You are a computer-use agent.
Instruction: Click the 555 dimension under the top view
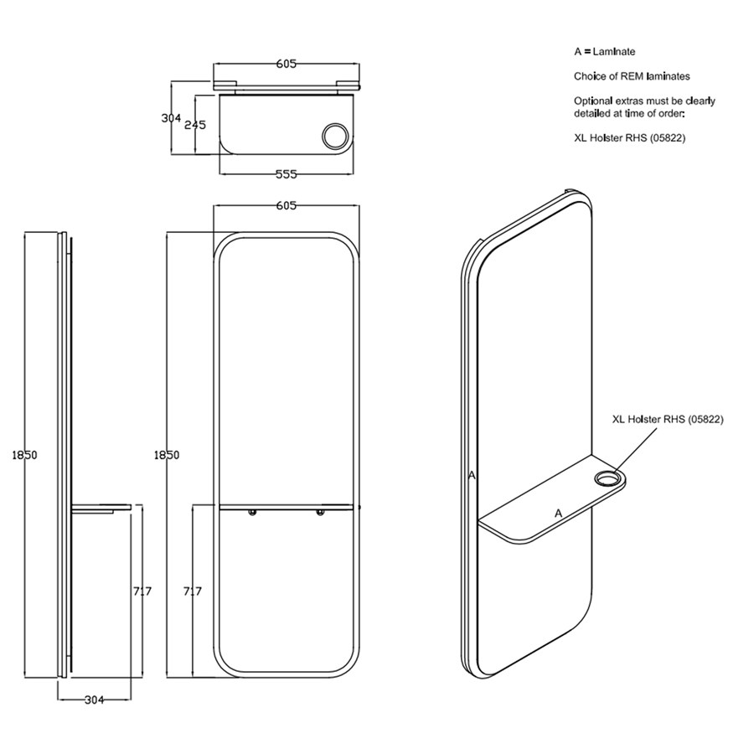(287, 174)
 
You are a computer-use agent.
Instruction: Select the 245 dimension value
(195, 125)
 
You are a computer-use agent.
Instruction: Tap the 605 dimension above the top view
(287, 64)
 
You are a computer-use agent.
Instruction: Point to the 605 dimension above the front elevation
(287, 205)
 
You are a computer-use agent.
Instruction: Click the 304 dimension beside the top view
(171, 118)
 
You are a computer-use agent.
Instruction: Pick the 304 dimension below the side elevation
(95, 701)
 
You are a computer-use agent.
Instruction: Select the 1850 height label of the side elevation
(25, 455)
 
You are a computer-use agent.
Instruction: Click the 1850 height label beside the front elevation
(167, 455)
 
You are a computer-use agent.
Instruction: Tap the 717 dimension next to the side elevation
(142, 591)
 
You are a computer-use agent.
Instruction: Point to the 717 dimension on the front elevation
(192, 591)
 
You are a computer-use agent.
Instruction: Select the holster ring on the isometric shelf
(605, 479)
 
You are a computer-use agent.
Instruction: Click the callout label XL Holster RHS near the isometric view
(667, 419)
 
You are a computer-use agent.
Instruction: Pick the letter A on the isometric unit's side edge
(473, 475)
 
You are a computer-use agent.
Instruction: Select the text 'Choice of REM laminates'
(632, 76)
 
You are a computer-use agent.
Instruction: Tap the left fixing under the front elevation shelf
(252, 513)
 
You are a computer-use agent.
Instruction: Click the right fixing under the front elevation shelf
(319, 513)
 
